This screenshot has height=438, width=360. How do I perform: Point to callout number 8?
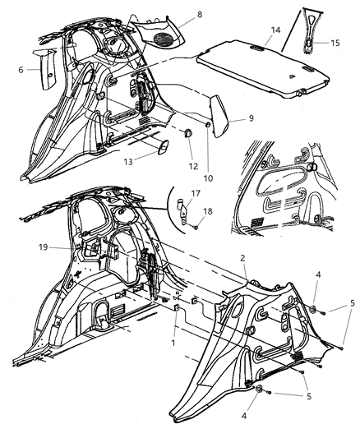coord(197,14)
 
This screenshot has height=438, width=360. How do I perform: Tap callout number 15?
coord(334,42)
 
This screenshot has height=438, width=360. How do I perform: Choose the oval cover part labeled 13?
coord(161,146)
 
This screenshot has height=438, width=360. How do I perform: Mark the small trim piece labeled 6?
coord(46,66)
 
